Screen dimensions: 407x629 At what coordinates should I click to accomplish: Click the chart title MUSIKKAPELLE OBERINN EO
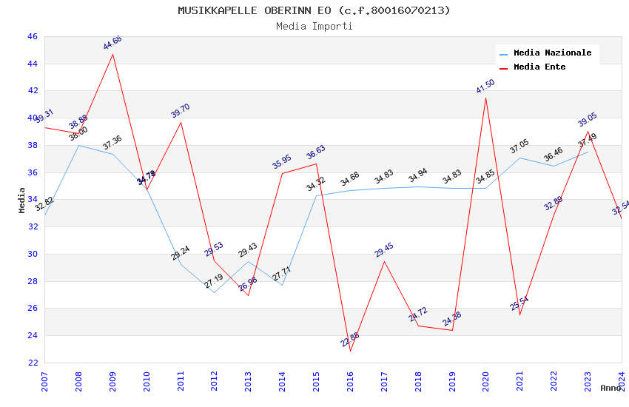(x=314, y=10)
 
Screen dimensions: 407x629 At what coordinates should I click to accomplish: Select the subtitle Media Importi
(x=314, y=26)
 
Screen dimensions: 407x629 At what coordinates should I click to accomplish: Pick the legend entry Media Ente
(x=539, y=67)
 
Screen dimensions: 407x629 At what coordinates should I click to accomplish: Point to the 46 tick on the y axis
(x=32, y=36)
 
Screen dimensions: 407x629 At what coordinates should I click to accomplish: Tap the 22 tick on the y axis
(x=32, y=363)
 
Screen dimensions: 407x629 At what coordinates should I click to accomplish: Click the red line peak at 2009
(x=112, y=54)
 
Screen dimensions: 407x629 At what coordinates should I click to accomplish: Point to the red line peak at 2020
(x=485, y=98)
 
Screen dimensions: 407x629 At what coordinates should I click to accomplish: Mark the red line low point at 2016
(x=350, y=351)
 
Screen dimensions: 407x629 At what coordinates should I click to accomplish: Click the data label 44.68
(x=112, y=43)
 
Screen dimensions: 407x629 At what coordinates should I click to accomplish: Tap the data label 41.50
(x=485, y=87)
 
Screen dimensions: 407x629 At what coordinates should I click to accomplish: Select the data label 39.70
(x=181, y=111)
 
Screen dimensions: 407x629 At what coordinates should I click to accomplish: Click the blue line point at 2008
(x=78, y=145)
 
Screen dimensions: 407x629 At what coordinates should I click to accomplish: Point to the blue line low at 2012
(x=214, y=292)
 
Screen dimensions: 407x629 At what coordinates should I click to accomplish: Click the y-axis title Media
(x=22, y=200)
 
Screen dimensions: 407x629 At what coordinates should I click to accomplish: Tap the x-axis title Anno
(x=610, y=388)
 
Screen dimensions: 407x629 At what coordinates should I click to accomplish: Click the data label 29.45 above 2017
(x=384, y=250)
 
